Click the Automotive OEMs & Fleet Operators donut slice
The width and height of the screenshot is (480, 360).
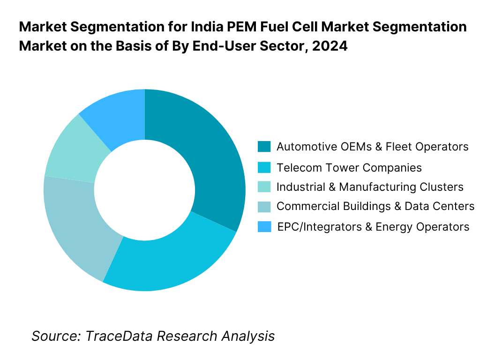click(x=206, y=159)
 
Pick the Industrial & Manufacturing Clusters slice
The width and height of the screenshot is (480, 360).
click(x=70, y=150)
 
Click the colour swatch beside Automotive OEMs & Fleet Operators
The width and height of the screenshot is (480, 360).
click(x=264, y=147)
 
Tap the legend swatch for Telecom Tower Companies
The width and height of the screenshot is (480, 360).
click(x=264, y=167)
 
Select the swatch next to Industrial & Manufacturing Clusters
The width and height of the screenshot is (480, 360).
click(x=264, y=187)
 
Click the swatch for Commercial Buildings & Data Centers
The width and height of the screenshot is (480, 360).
click(x=264, y=206)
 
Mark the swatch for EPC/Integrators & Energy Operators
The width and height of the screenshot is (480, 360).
click(x=264, y=227)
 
